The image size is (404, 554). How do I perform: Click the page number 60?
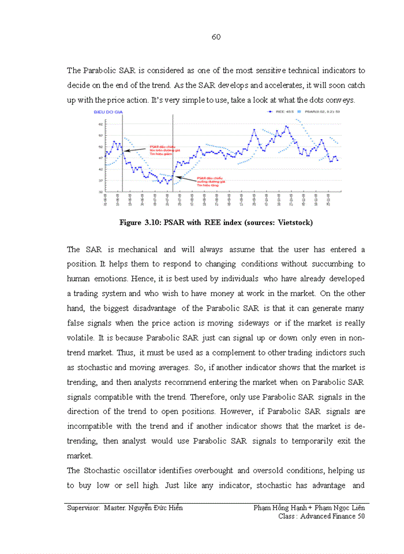[x=216, y=37]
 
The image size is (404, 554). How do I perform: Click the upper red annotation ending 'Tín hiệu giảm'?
[x=161, y=150]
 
